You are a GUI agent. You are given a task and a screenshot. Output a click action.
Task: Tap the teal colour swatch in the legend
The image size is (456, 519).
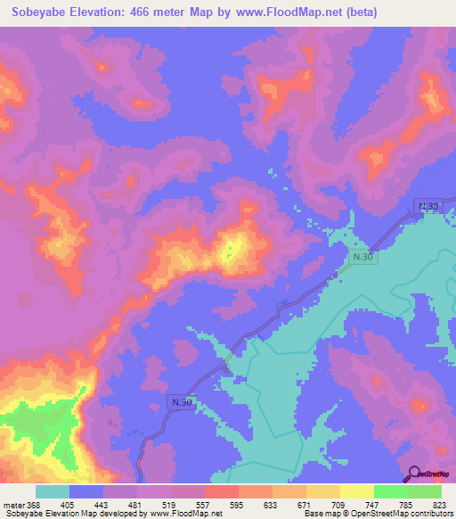(53, 491)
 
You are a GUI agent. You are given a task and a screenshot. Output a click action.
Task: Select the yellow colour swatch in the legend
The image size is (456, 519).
(356, 491)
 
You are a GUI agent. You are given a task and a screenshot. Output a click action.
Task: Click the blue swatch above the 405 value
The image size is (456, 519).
(86, 491)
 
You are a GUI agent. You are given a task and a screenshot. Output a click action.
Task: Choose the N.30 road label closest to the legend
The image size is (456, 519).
(181, 403)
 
